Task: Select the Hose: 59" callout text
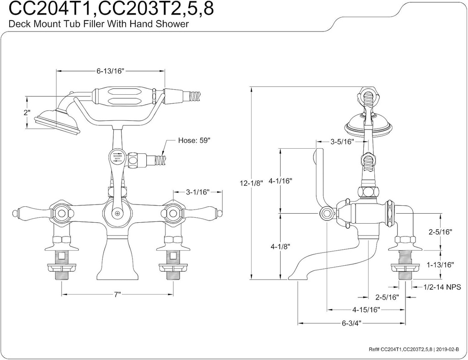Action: pyautogui.click(x=194, y=141)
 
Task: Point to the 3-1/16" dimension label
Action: pyautogui.click(x=197, y=192)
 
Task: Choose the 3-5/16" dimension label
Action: pyautogui.click(x=342, y=142)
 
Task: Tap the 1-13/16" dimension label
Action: pyautogui.click(x=439, y=264)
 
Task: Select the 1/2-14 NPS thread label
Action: pyautogui.click(x=442, y=287)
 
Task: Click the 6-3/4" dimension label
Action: pyautogui.click(x=351, y=323)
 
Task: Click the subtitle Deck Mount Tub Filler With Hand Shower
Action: pyautogui.click(x=99, y=25)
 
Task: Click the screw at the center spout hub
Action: pyautogui.click(x=117, y=213)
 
